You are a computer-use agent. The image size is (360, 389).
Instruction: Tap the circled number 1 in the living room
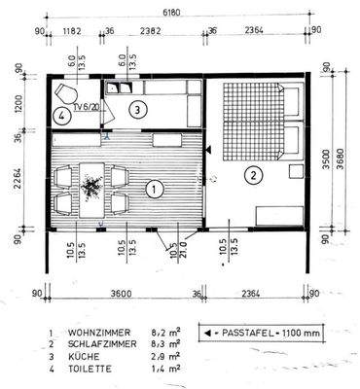coord(152,186)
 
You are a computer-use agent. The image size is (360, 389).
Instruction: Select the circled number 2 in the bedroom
coord(252,176)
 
